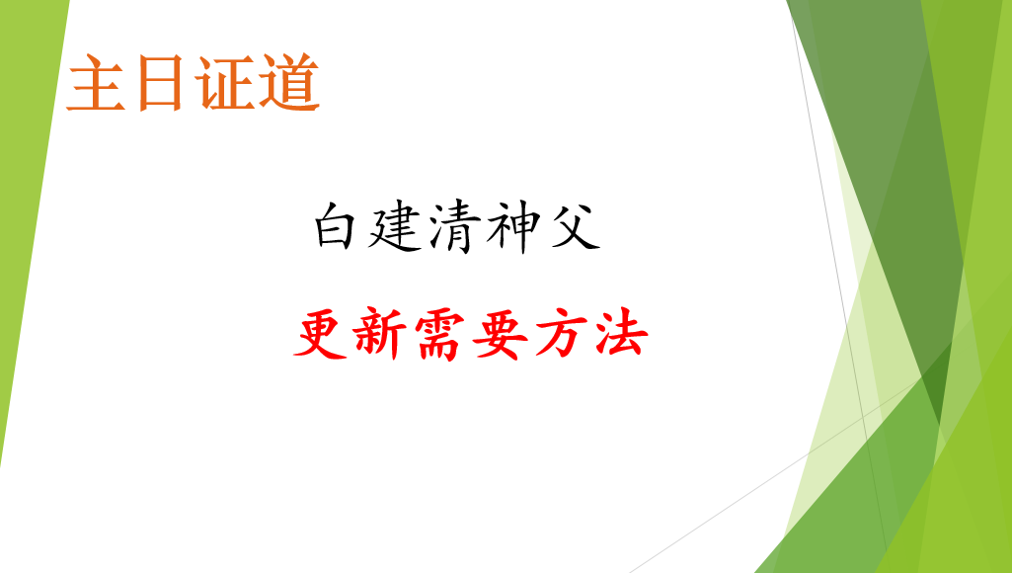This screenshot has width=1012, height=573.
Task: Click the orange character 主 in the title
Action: (96, 83)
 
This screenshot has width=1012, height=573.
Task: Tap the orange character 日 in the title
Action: (159, 83)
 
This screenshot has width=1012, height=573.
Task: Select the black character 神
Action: (513, 226)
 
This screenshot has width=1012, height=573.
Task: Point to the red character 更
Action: (321, 333)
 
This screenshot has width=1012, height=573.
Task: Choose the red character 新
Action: (379, 333)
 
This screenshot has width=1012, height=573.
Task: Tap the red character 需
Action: (440, 335)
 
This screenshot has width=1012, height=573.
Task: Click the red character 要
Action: (500, 334)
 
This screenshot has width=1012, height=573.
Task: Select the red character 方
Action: (560, 334)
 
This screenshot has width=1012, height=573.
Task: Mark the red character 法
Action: (621, 333)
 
